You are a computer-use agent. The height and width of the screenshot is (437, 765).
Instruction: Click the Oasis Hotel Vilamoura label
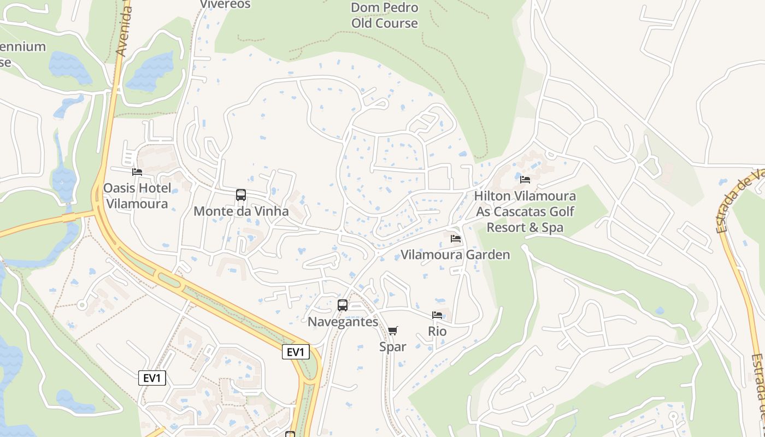click(137, 196)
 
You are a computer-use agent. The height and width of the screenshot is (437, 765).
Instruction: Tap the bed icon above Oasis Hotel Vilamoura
click(137, 172)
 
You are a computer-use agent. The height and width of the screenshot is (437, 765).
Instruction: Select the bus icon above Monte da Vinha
click(240, 195)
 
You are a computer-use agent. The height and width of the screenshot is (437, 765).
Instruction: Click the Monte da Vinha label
click(241, 211)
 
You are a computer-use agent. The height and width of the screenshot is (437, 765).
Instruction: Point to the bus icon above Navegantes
click(343, 305)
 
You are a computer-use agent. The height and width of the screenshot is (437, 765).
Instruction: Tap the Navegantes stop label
click(343, 322)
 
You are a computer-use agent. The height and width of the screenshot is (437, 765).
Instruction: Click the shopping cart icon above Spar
click(393, 330)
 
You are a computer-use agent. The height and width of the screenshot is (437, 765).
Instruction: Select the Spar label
click(393, 346)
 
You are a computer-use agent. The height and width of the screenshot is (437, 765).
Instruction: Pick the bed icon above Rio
click(437, 315)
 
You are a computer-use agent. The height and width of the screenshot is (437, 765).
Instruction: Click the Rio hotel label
click(437, 331)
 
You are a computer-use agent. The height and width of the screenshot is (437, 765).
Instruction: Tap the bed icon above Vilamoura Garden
click(455, 239)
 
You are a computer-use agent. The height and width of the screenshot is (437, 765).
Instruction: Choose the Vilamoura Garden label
click(455, 255)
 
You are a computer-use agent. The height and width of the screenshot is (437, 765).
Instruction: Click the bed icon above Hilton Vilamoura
click(525, 179)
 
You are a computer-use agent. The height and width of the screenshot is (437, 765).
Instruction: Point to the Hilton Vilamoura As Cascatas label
click(525, 211)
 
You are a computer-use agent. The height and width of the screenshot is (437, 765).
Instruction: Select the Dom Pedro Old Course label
click(385, 15)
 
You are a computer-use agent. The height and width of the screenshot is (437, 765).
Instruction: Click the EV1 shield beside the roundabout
click(295, 352)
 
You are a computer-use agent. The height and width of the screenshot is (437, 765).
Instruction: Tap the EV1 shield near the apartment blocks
click(152, 377)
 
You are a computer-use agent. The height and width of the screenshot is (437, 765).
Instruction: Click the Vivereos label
click(225, 4)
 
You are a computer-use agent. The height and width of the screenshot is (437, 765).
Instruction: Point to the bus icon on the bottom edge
click(290, 434)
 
